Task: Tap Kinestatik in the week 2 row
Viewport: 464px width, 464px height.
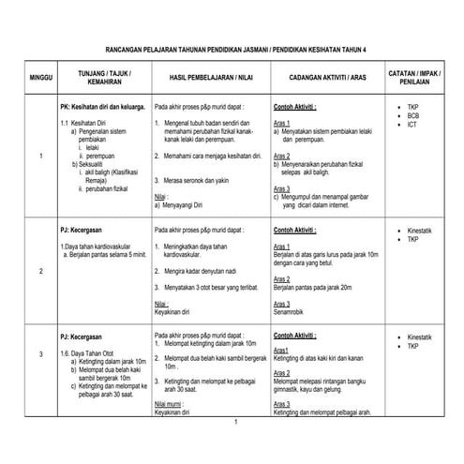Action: (x=421, y=229)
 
